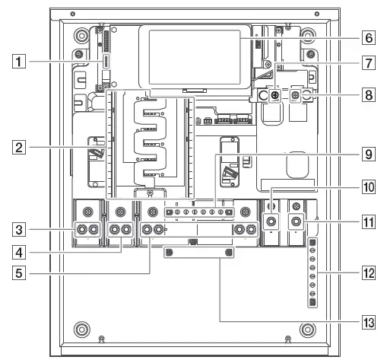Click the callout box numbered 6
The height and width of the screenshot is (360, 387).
pos(366,36)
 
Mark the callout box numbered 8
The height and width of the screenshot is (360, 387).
pos(366,97)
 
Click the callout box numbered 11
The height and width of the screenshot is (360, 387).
pos(366,225)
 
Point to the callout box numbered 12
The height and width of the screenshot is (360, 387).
pos(366,272)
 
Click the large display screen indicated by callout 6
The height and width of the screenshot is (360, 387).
pos(195,59)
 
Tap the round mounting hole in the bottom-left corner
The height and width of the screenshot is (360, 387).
pos(80,330)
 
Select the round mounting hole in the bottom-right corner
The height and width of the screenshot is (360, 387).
pos(307,330)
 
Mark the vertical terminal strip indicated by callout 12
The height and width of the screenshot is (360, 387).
pos(312,272)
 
